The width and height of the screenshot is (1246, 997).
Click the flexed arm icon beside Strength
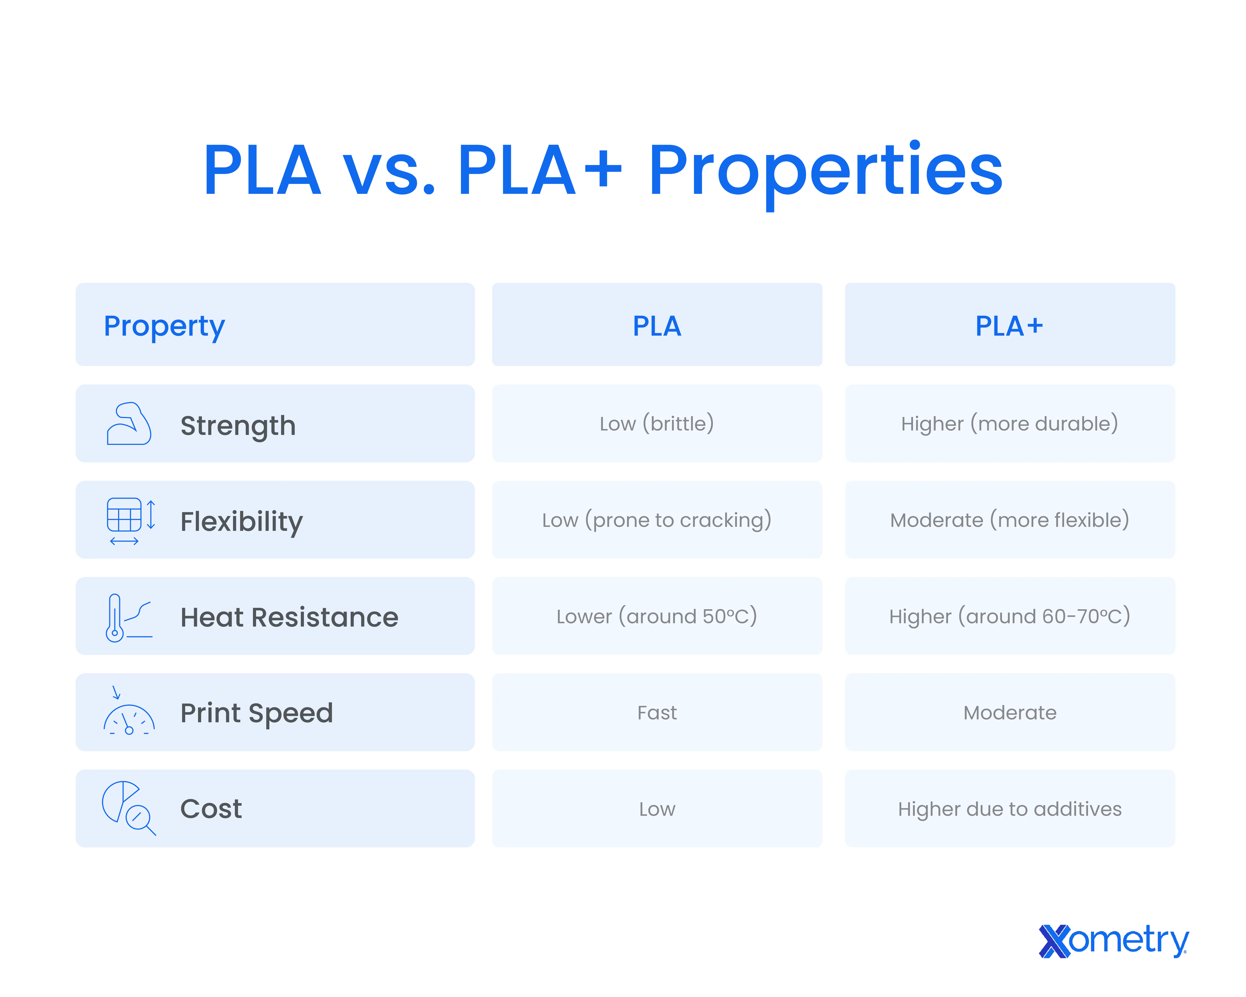(x=129, y=424)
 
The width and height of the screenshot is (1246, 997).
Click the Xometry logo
(x=1114, y=941)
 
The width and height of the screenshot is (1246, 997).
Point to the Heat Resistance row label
(x=290, y=617)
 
